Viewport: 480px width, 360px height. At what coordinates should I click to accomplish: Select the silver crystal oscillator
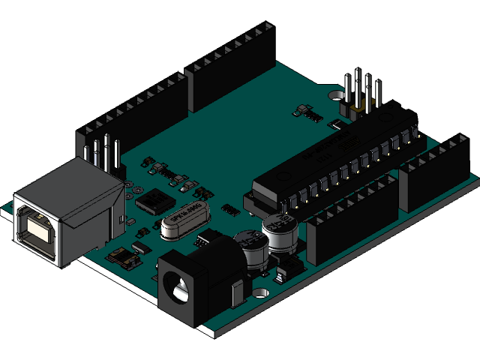(x=181, y=223)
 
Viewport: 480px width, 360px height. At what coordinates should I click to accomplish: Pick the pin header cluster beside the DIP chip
(x=361, y=94)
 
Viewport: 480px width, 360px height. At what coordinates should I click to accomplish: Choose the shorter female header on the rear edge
(x=232, y=64)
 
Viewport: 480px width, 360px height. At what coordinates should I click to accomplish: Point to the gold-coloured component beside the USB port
(x=124, y=259)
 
